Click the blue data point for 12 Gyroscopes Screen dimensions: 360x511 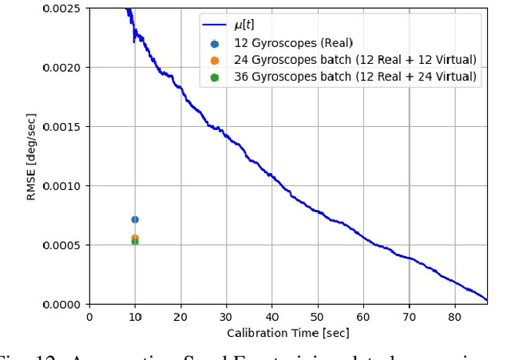(x=135, y=220)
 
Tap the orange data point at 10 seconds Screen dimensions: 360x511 (x=135, y=238)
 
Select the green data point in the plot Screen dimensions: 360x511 (x=135, y=242)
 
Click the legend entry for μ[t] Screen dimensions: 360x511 (x=244, y=25)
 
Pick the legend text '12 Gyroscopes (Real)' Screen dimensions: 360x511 (x=293, y=42)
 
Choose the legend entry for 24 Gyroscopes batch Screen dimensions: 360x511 (x=355, y=60)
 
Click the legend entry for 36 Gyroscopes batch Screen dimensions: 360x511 (x=355, y=77)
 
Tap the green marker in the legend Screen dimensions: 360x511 (x=215, y=77)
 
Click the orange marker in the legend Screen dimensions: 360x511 (x=215, y=60)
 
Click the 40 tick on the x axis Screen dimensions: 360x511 (x=272, y=317)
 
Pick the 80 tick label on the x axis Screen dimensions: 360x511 (x=454, y=317)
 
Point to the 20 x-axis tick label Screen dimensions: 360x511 (x=180, y=317)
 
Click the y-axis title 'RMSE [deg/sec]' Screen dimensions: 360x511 (x=31, y=156)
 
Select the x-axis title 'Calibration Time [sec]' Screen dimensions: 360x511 (x=287, y=333)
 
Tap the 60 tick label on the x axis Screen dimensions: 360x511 (x=363, y=317)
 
